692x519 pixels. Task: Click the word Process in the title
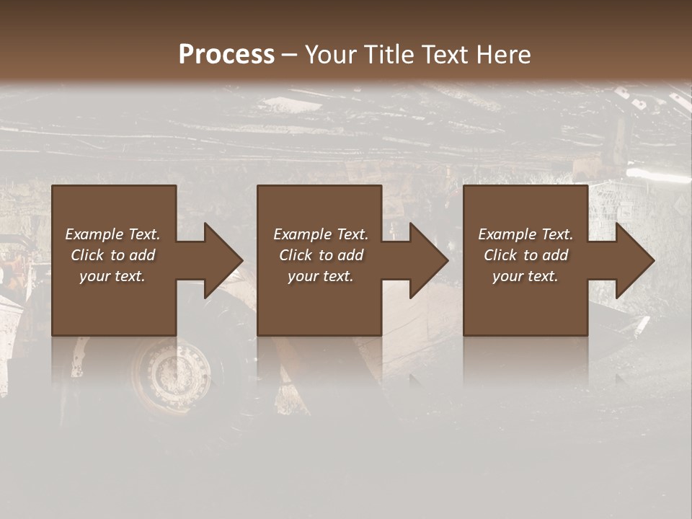pyautogui.click(x=226, y=55)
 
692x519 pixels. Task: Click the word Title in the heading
pyautogui.click(x=386, y=55)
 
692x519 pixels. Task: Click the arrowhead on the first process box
pyautogui.click(x=220, y=260)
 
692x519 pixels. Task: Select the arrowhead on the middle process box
pyautogui.click(x=425, y=260)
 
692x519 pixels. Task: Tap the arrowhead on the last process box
pyautogui.click(x=631, y=260)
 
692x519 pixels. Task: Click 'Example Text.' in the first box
pyautogui.click(x=112, y=234)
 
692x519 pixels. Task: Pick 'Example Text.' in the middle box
pyautogui.click(x=321, y=234)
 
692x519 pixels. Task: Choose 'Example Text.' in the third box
pyautogui.click(x=525, y=234)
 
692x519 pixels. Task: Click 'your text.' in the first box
pyautogui.click(x=112, y=276)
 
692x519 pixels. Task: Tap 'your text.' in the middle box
pyautogui.click(x=321, y=276)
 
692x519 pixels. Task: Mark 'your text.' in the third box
pyautogui.click(x=525, y=276)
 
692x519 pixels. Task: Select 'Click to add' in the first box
pyautogui.click(x=112, y=255)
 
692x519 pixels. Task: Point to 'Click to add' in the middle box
pyautogui.click(x=321, y=255)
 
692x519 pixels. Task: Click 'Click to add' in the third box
pyautogui.click(x=525, y=255)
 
